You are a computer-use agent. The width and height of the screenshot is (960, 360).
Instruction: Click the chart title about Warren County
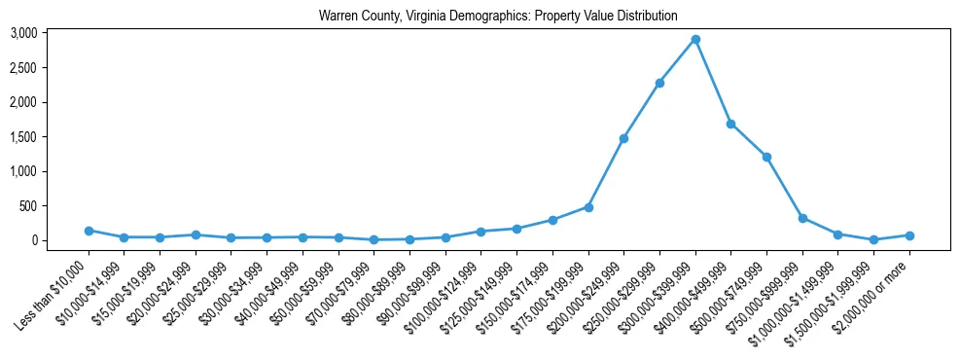coord(498,17)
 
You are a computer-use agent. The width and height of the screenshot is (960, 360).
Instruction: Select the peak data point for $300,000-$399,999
coord(695,40)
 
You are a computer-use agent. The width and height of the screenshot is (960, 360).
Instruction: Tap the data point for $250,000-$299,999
coord(659,84)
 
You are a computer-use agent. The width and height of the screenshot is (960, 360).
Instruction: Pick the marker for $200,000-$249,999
coord(623,138)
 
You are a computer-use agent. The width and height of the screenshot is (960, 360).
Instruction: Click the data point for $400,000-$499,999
coord(730,125)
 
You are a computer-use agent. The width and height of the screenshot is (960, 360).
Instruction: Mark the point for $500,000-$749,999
coord(766,157)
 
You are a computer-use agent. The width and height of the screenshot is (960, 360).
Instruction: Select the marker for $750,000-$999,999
coord(802,218)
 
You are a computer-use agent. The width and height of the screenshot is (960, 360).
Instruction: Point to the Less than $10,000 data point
coord(89,231)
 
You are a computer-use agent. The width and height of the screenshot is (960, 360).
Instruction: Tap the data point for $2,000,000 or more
coord(909,235)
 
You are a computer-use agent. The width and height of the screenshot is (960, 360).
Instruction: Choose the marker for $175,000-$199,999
coord(588,207)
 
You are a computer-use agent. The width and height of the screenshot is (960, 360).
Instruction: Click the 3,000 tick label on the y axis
coord(51,33)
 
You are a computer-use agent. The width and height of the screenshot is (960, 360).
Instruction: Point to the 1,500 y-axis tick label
coord(51,137)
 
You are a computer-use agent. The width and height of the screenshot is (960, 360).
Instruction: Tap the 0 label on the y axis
coord(60,240)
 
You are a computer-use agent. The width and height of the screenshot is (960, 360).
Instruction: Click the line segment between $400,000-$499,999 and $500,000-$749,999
coord(749,141)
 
